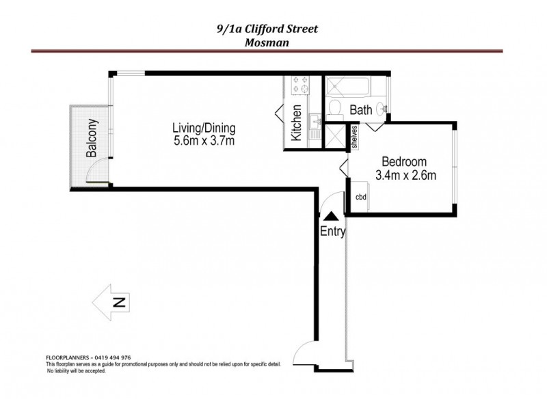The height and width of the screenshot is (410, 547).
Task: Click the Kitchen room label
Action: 297,124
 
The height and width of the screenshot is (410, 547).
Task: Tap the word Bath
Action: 360,109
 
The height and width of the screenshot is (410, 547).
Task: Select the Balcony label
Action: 92,139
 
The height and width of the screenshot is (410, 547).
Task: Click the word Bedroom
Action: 404,162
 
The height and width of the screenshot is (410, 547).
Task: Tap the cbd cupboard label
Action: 361,197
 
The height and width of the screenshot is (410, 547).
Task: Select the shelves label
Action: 355,137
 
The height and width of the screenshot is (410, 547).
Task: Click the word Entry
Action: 333,232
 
